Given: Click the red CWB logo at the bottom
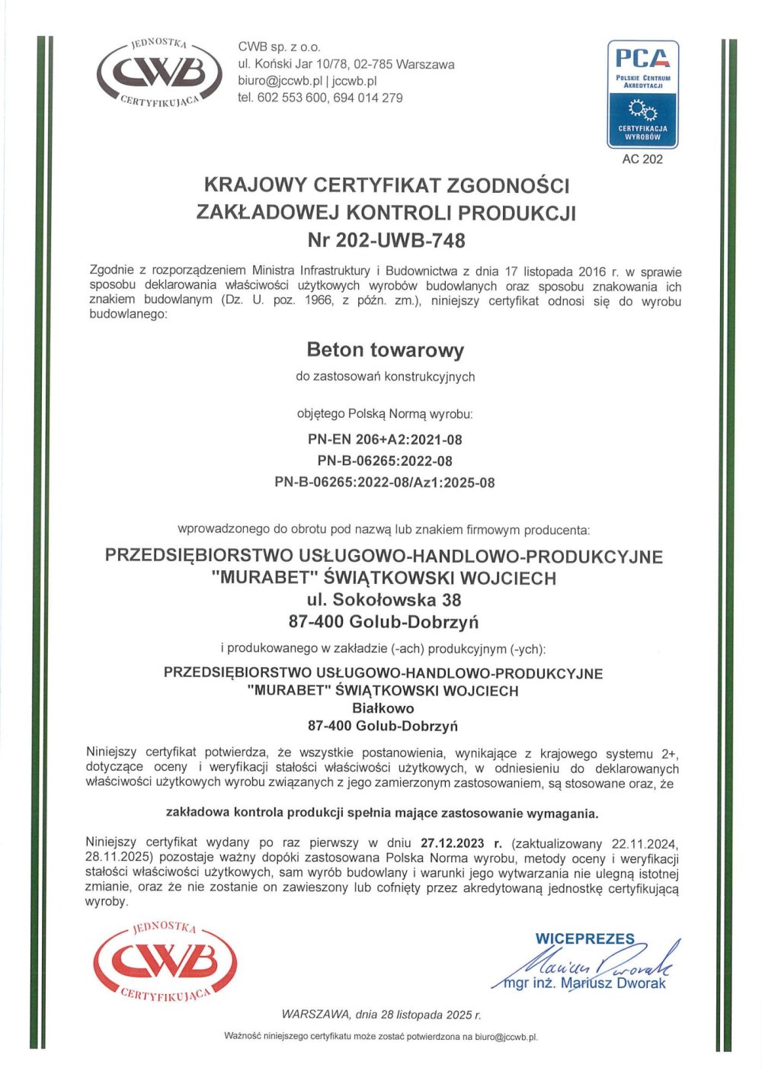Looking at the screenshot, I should point(165,962).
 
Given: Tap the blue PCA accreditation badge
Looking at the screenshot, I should point(642,94).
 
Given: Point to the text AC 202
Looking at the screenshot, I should point(642,159).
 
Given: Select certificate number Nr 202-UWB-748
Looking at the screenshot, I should point(386,240).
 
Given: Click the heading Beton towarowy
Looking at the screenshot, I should point(385,350).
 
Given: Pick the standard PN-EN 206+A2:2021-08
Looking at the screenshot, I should point(385,439).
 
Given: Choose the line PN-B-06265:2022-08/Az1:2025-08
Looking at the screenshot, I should point(385,483).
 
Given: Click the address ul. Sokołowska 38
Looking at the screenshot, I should point(384,600).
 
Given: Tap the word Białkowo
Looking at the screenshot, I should point(383,708).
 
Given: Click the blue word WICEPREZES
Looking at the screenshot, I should point(585,938).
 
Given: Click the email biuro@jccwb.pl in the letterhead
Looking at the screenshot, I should point(281,81).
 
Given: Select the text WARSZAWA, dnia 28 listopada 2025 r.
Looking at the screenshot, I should point(381,1015).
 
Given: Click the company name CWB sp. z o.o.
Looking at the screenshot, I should point(279,47).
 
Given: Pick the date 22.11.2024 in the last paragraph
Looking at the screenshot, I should point(645,843).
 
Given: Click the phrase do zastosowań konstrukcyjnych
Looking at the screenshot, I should point(385,377).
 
